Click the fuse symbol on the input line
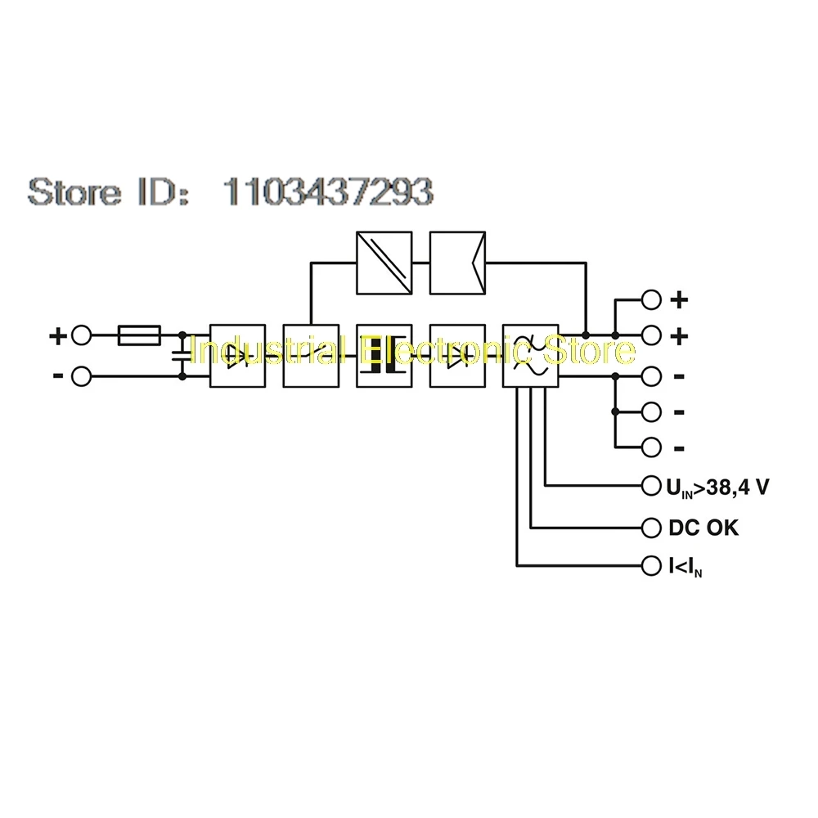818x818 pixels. click(139, 335)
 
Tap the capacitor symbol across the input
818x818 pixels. click(181, 356)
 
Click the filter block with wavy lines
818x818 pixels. click(530, 355)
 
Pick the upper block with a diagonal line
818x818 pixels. click(384, 263)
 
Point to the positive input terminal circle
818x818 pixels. click(81, 335)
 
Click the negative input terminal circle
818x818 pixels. click(81, 376)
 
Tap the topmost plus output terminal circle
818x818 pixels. click(651, 299)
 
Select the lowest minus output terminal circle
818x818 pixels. click(651, 447)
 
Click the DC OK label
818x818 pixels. click(703, 528)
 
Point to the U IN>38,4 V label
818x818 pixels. click(717, 488)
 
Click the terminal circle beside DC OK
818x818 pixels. click(651, 528)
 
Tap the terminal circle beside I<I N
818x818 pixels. click(651, 565)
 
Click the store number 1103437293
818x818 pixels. click(328, 191)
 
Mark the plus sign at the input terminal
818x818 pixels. click(58, 335)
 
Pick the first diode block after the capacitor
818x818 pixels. click(237, 355)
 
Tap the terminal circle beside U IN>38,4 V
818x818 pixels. click(651, 488)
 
